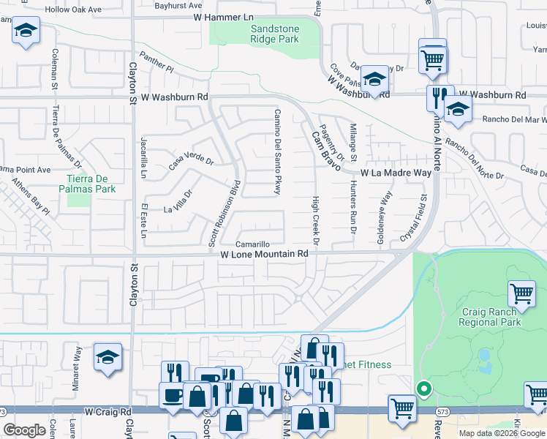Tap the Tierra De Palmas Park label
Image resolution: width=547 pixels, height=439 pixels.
(x=91, y=184)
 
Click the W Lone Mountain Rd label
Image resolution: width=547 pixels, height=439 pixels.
(x=265, y=254)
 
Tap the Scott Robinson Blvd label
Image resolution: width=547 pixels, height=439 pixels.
(x=224, y=212)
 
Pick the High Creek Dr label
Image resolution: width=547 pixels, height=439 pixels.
(x=316, y=220)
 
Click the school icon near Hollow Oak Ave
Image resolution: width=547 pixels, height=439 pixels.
(x=26, y=31)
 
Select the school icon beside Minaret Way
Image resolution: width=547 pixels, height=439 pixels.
(x=107, y=357)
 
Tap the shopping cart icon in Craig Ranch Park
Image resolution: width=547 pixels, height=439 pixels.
(x=522, y=294)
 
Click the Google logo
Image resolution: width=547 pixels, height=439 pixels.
(x=25, y=430)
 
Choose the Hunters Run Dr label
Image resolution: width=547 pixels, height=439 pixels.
(x=352, y=208)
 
